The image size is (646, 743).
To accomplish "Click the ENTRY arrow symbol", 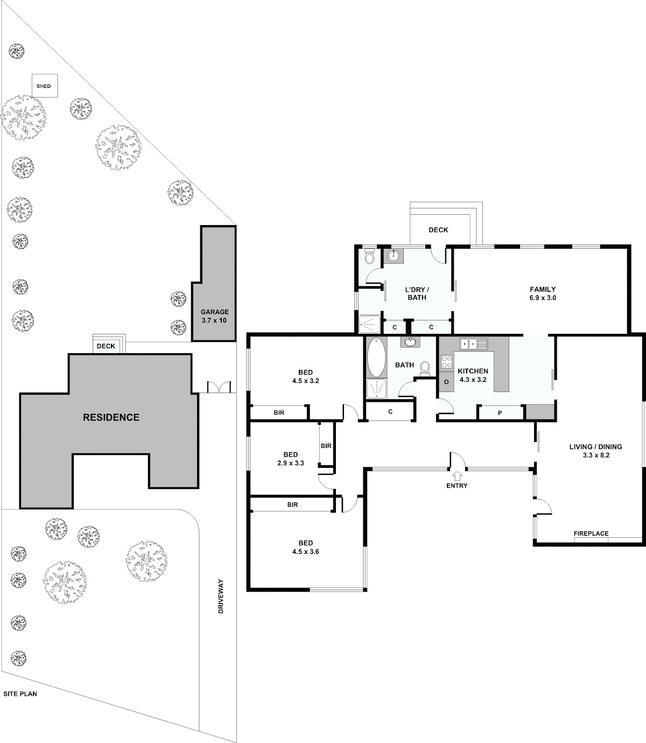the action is pyautogui.click(x=457, y=475).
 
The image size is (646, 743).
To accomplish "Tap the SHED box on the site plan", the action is pyautogui.click(x=45, y=86).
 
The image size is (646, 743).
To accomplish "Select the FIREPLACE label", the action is pyautogui.click(x=591, y=534).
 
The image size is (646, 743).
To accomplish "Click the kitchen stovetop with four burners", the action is pyautogui.click(x=447, y=362).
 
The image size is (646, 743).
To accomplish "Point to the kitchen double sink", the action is pyautogui.click(x=474, y=343).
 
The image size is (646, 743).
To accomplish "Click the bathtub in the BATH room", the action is pyautogui.click(x=376, y=358).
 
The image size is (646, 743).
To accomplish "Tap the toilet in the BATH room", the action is pyautogui.click(x=425, y=369).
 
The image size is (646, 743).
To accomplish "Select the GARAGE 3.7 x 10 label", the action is pyautogui.click(x=214, y=316).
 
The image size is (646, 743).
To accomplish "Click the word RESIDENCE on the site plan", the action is pyautogui.click(x=111, y=417).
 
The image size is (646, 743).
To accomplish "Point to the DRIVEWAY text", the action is pyautogui.click(x=221, y=601).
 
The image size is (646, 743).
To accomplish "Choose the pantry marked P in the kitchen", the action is pyautogui.click(x=500, y=413).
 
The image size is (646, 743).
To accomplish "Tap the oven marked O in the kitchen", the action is pyautogui.click(x=447, y=382).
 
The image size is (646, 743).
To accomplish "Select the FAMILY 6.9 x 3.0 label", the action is pyautogui.click(x=543, y=293).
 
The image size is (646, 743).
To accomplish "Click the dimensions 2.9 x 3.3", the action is pyautogui.click(x=291, y=463).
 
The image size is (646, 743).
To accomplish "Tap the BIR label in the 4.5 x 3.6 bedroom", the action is pyautogui.click(x=293, y=504).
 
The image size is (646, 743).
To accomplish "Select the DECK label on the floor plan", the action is pyautogui.click(x=438, y=230).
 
